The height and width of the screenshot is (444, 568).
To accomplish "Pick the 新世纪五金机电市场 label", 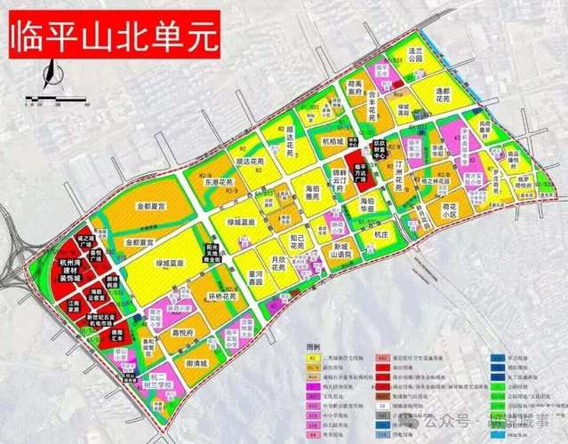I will pos(100,321).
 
